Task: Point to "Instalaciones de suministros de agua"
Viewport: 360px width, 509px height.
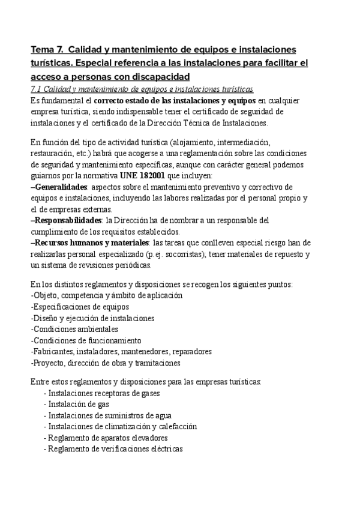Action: pyautogui.click(x=110, y=415)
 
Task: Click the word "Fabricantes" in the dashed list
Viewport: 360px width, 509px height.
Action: pyautogui.click(x=52, y=352)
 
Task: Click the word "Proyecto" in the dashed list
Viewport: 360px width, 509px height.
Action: pyautogui.click(x=48, y=363)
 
